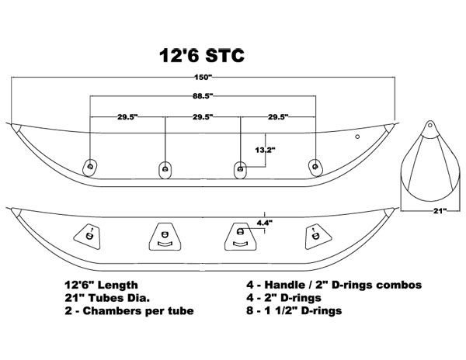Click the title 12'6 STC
[x=202, y=55]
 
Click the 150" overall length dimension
[x=203, y=77]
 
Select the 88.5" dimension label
[x=203, y=96]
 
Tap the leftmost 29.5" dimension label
[x=127, y=117]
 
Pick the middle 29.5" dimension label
[x=203, y=117]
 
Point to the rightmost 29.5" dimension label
[x=279, y=117]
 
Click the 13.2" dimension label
[x=265, y=150]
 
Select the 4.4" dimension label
[x=265, y=223]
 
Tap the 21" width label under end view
[x=440, y=211]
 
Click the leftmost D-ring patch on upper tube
[x=90, y=168]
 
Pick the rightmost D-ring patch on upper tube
[x=315, y=168]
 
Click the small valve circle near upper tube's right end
[x=357, y=137]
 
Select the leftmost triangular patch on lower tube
[x=87, y=236]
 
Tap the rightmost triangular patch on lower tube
[x=318, y=236]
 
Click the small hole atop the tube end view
[x=429, y=125]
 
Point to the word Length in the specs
[x=118, y=286]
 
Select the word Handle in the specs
[x=281, y=285]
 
